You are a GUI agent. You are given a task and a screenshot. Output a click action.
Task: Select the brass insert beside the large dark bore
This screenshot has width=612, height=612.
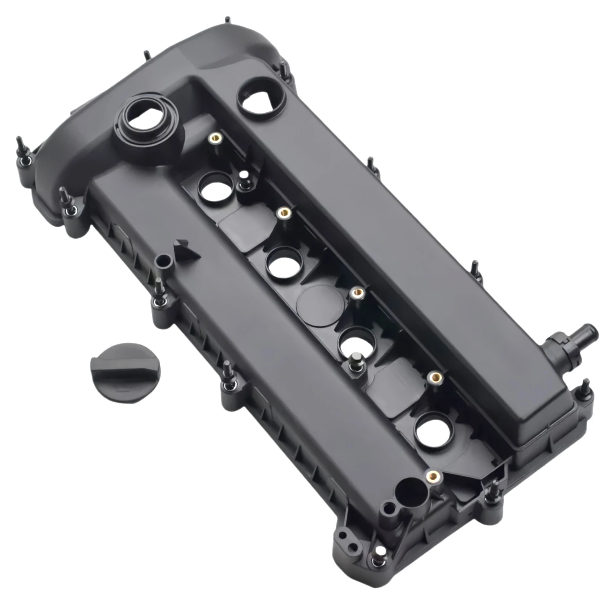point(431,475)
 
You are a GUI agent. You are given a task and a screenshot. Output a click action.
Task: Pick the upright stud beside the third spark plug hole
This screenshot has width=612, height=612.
point(355,361)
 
